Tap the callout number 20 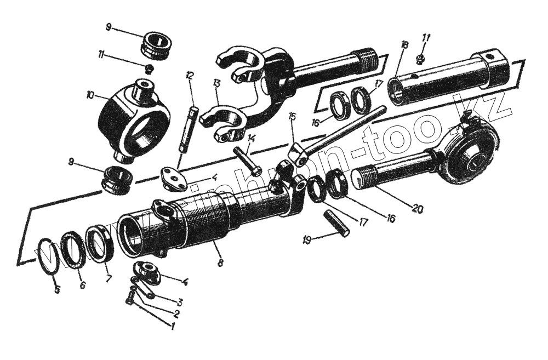click(x=417, y=209)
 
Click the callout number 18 click(x=404, y=45)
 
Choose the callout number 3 click(x=179, y=301)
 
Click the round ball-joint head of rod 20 click(x=469, y=154)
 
